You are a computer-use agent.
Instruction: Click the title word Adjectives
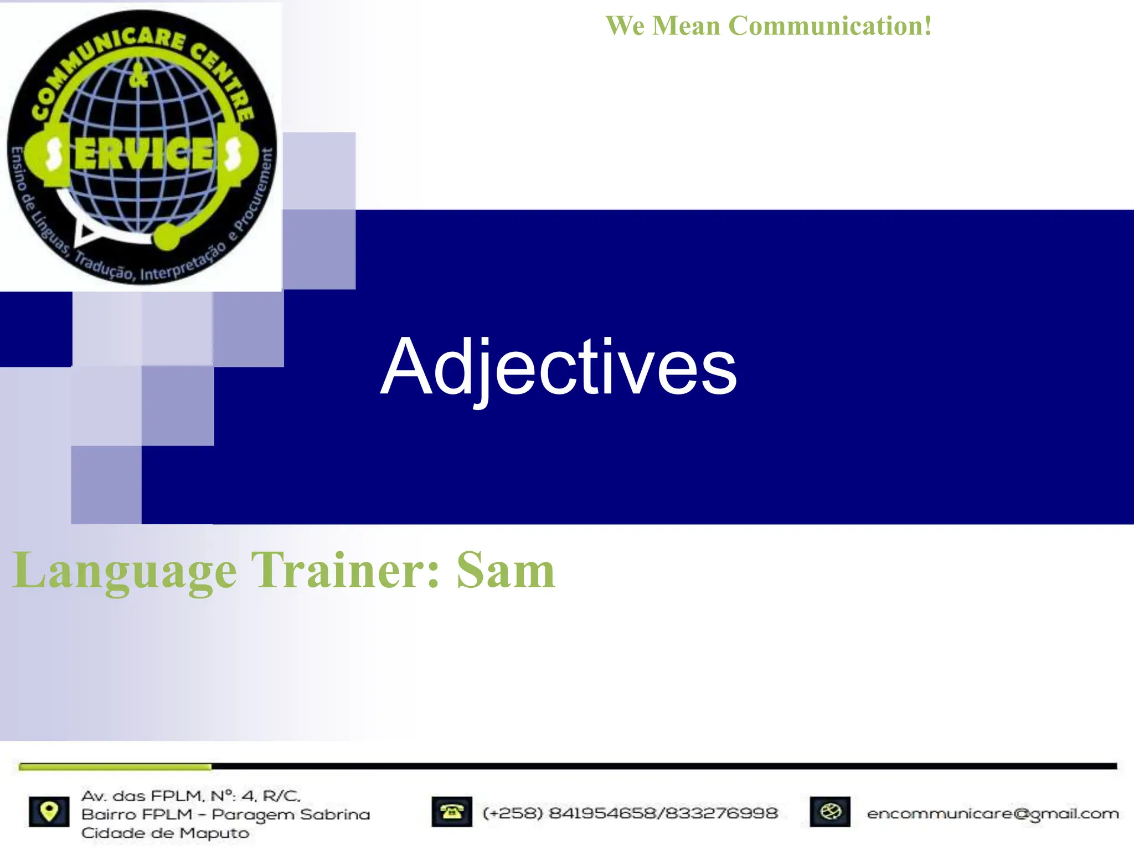coord(558,368)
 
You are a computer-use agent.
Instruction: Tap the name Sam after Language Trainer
coord(505,571)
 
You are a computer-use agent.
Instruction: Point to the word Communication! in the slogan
coord(830,26)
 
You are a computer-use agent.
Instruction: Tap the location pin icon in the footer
coord(49,812)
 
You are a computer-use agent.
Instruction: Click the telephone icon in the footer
coord(452,812)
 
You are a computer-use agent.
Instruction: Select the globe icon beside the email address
coord(830,812)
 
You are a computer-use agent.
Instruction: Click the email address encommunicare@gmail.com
coord(993,813)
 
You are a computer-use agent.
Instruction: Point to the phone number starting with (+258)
coord(630,813)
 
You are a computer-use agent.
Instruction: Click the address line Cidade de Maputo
coord(165,833)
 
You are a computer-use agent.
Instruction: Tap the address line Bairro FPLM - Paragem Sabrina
coord(225,814)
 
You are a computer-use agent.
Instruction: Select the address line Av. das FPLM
coord(190,796)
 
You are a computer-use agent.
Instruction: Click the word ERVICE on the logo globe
coord(144,153)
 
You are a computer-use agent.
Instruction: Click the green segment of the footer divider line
coord(115,767)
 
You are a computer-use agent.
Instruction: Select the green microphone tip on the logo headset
coord(167,237)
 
